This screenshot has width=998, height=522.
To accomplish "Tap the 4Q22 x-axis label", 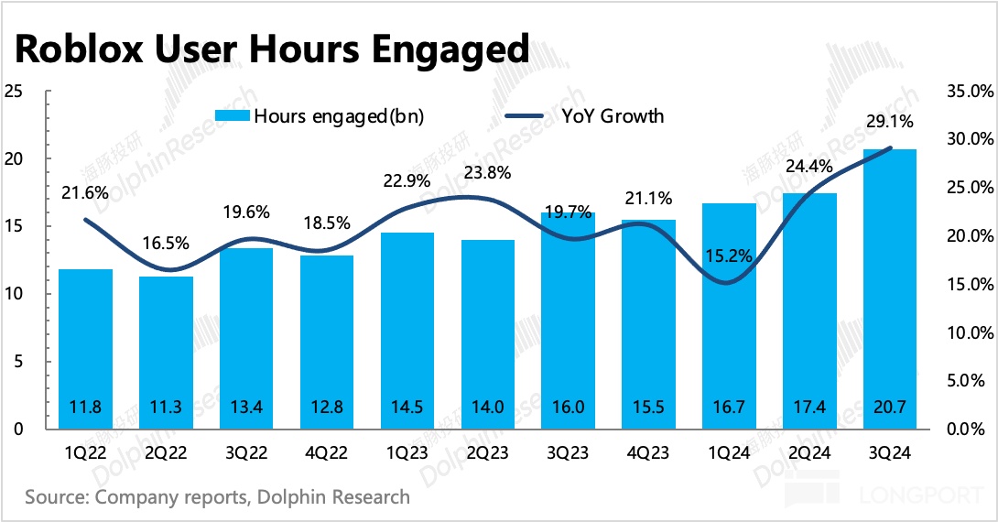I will tap(327, 452).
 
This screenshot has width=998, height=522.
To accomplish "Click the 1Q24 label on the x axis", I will tap(728, 452).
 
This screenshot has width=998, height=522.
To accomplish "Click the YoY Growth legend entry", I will tap(586, 116).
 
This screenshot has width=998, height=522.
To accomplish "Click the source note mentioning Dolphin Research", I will tap(217, 497).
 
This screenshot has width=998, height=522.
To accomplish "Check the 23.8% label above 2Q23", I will tap(488, 172).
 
